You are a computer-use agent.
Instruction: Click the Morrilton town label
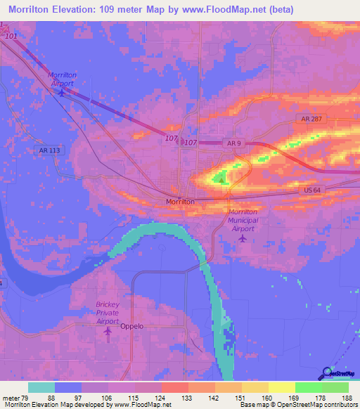coord(179,201)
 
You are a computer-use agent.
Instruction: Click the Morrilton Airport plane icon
coord(62,91)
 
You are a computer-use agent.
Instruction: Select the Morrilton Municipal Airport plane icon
coord(243,238)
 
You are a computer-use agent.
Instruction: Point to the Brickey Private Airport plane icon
coord(108,330)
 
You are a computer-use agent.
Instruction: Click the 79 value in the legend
coord(25,399)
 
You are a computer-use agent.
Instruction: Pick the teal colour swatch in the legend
coord(41,387)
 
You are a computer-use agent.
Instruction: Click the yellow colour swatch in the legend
coord(281,387)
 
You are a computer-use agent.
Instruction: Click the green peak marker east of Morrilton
coord(222,180)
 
